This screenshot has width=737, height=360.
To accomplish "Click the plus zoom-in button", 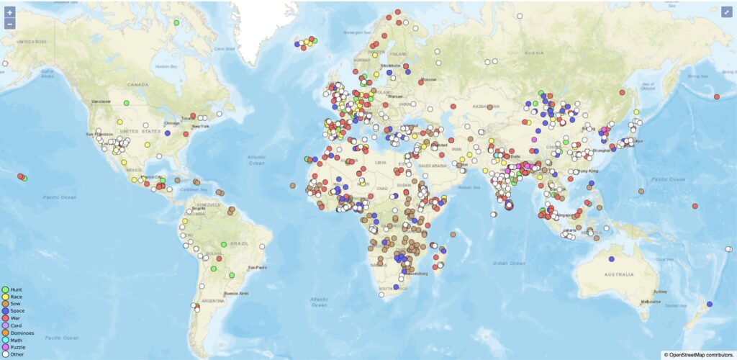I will pyautogui.click(x=9, y=12).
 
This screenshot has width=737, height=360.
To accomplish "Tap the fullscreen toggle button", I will pyautogui.click(x=726, y=12).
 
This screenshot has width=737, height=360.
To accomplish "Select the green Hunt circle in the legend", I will pyautogui.click(x=5, y=289).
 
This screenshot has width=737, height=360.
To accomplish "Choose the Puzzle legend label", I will pyautogui.click(x=19, y=347).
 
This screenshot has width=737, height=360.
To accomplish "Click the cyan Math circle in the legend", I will pyautogui.click(x=5, y=340).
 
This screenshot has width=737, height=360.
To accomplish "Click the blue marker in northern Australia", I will pyautogui.click(x=611, y=259).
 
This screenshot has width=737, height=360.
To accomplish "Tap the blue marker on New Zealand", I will pyautogui.click(x=710, y=305).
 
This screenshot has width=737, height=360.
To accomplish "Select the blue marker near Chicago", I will pyautogui.click(x=168, y=132).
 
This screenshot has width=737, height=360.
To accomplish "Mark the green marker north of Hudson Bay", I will pyautogui.click(x=176, y=22).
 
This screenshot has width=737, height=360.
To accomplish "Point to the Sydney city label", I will pyautogui.click(x=659, y=292).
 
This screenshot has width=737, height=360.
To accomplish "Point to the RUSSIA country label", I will pyautogui.click(x=533, y=53).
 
